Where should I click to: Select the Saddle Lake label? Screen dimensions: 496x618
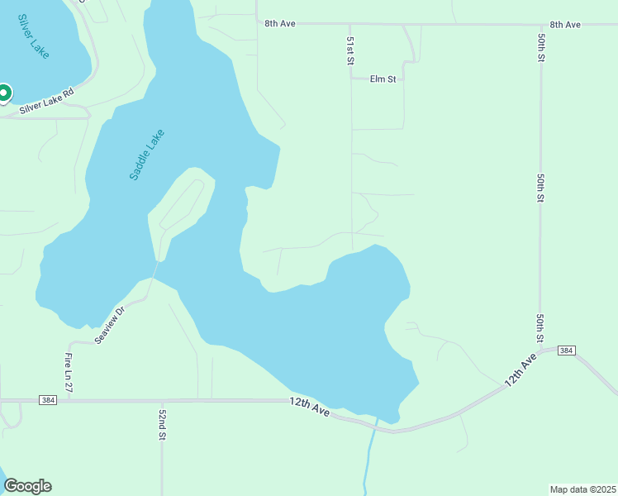[x=147, y=155]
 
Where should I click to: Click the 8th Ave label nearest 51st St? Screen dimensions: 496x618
[x=280, y=24]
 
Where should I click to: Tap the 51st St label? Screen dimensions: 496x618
[x=350, y=50]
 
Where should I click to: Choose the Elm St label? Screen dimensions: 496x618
[x=383, y=79]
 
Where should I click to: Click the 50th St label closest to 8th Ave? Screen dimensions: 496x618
[x=540, y=49]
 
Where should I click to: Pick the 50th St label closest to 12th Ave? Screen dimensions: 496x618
[x=540, y=328]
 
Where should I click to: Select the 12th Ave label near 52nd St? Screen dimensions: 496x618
[x=310, y=406]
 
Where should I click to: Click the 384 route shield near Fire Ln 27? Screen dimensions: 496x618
[x=48, y=400]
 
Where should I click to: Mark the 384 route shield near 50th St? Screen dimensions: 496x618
[x=565, y=351]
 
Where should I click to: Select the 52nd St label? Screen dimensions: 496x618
[x=163, y=423]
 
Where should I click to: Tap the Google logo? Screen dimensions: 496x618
[x=27, y=486]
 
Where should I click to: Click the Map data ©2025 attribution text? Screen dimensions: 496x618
[x=582, y=489]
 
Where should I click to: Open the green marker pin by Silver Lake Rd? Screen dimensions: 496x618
[x=3, y=93]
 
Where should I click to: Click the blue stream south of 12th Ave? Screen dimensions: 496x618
[x=368, y=459]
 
